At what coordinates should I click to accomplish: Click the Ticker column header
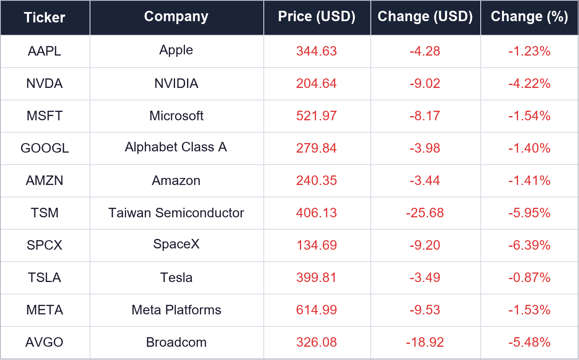click(x=44, y=17)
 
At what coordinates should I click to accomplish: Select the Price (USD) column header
click(x=316, y=17)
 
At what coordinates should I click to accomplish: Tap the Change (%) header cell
click(x=529, y=17)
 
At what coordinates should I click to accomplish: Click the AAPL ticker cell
click(x=44, y=51)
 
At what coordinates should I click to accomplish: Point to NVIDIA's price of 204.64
click(x=316, y=83)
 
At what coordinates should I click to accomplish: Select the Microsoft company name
click(x=176, y=116)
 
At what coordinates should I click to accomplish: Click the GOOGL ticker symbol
click(x=45, y=148)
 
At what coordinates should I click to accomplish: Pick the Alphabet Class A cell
click(x=176, y=147)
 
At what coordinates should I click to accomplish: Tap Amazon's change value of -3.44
click(x=425, y=180)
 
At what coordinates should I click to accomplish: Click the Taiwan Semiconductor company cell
click(x=176, y=213)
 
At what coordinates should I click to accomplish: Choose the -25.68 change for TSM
click(x=425, y=213)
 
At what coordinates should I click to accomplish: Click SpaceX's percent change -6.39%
click(x=529, y=245)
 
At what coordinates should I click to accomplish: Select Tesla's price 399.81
click(x=316, y=277)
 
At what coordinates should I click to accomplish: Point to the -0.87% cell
click(x=529, y=277)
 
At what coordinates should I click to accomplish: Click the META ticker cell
click(x=45, y=310)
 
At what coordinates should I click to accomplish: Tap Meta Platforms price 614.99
click(x=316, y=310)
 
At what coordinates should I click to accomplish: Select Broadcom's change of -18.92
click(x=425, y=342)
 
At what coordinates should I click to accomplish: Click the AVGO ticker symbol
click(x=44, y=342)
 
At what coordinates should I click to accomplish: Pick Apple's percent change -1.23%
click(x=529, y=51)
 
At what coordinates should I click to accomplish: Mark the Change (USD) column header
click(x=425, y=17)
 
